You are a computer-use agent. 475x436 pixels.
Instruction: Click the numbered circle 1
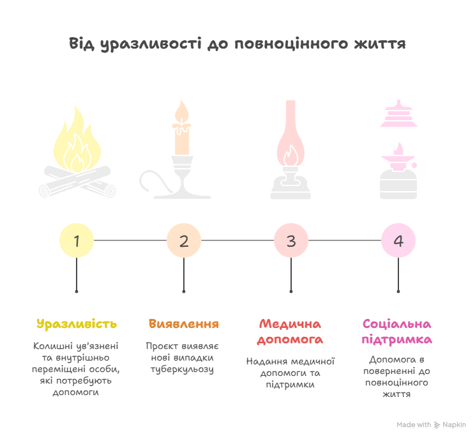77,241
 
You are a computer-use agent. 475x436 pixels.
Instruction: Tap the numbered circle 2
184,241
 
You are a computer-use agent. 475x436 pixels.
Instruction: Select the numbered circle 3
291,241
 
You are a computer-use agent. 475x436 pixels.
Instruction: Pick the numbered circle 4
398,241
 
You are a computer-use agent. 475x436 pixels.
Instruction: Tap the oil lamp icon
290,150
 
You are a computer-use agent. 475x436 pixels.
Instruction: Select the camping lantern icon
398,150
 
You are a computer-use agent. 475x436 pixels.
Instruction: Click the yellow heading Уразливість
77,323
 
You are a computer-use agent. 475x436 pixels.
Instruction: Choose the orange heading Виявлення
184,323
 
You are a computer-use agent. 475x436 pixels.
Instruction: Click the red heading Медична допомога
291,331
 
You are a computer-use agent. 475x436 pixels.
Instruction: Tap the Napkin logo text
455,424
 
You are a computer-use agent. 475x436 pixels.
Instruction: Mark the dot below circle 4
398,291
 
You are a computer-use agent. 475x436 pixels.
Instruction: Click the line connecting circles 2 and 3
237,241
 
